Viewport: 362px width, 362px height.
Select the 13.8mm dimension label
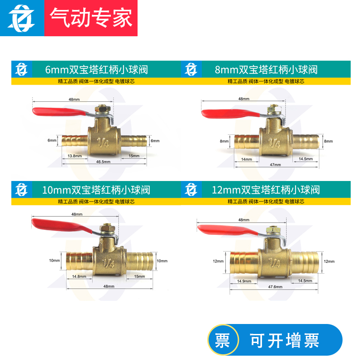click(x=75, y=156)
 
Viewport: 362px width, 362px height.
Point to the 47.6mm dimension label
click(x=275, y=287)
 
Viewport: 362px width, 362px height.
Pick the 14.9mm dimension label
click(x=243, y=281)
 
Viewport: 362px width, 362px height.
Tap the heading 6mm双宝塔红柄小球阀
click(x=96, y=70)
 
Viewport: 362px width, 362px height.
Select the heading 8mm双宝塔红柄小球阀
click(x=266, y=70)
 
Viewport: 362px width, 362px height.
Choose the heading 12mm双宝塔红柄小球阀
click(x=266, y=189)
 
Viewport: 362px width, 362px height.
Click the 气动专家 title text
click(x=91, y=19)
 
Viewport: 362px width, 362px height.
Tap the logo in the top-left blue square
click(x=22, y=19)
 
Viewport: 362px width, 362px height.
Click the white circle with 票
click(x=222, y=340)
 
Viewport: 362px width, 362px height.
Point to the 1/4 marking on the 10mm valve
click(x=109, y=262)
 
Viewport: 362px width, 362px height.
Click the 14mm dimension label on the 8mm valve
click(x=247, y=160)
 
